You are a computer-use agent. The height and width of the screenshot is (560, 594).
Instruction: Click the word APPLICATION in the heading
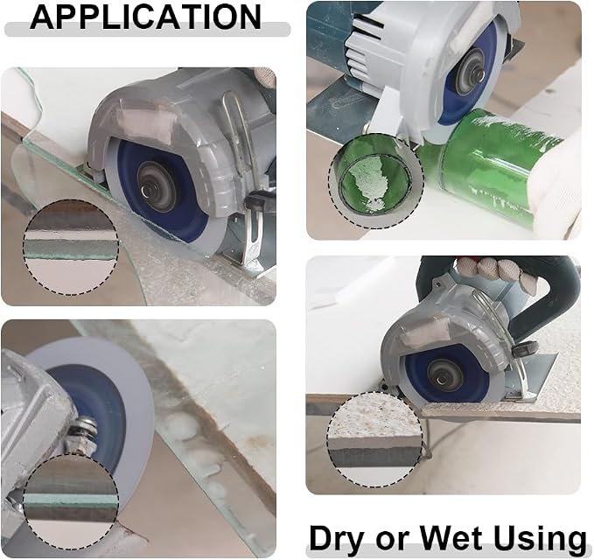coord(145,17)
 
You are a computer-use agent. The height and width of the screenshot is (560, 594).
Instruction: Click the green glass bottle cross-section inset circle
coord(376,181)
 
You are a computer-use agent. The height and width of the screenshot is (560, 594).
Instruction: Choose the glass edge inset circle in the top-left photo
coord(71,248)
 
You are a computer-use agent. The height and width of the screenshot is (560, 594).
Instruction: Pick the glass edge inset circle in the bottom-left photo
coord(71,500)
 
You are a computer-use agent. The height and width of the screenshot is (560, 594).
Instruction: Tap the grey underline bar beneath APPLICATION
coord(148,30)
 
